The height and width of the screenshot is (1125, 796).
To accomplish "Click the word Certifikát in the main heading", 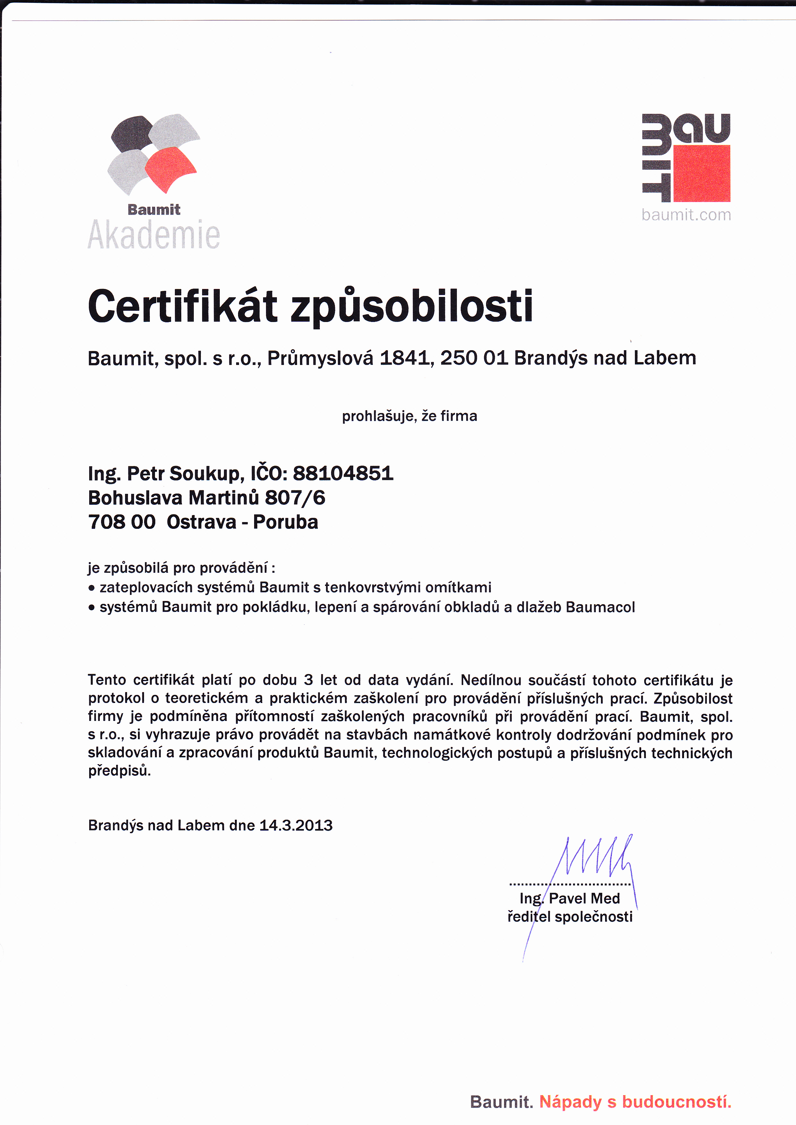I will [182, 307].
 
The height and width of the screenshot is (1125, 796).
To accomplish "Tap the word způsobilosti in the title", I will [412, 307].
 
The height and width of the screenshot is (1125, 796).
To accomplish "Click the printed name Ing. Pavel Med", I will [569, 898].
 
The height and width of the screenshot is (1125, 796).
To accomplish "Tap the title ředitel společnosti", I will [569, 916].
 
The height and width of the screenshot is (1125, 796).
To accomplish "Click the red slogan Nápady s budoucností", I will [635, 1102].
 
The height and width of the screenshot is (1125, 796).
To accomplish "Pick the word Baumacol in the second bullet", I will [600, 607].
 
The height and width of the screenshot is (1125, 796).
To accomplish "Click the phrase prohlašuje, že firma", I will [409, 416].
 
